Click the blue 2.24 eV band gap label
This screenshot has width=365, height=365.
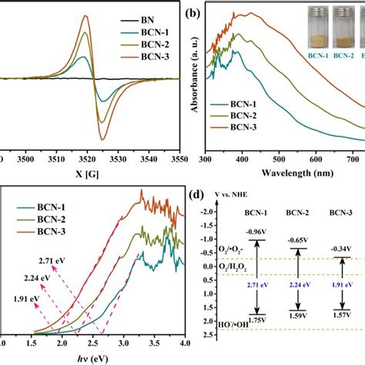294,283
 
